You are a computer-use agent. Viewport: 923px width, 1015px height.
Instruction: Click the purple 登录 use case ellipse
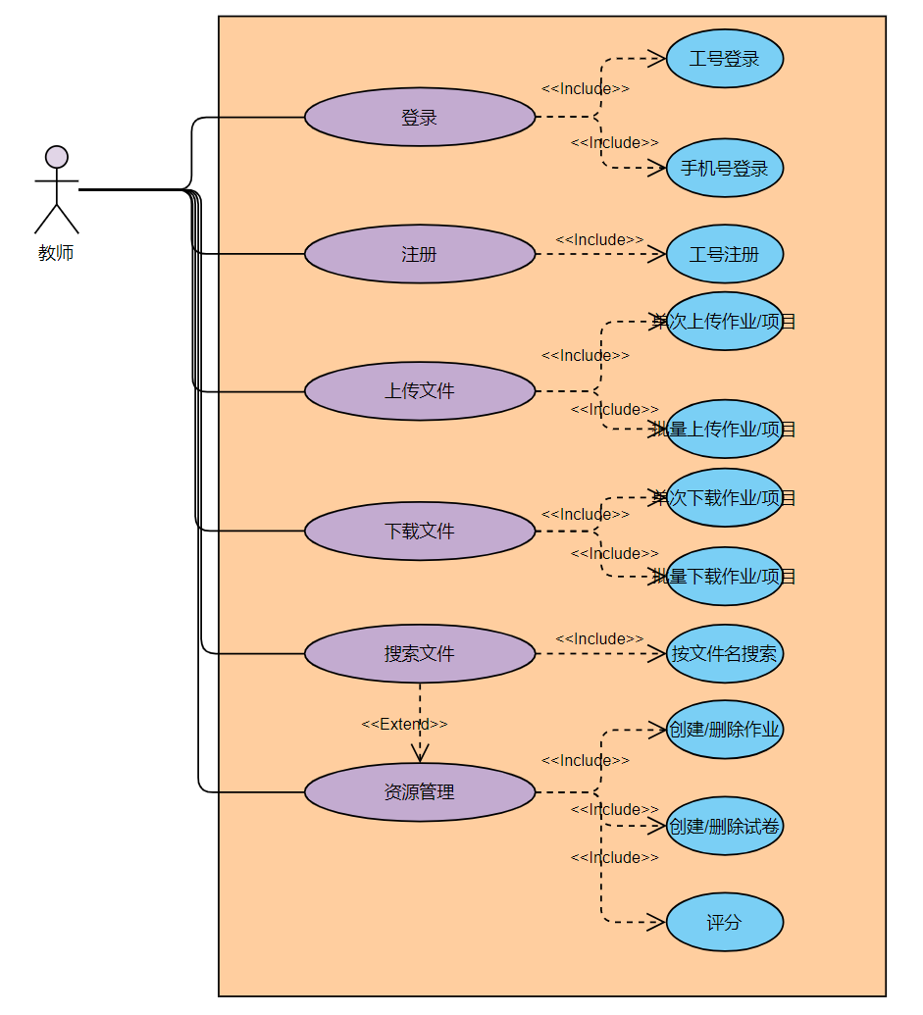420,118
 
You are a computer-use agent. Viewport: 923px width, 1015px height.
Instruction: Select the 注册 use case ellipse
420,255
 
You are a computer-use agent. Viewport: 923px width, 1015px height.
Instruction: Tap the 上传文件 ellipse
420,391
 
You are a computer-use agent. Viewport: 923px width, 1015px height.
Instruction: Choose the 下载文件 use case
420,532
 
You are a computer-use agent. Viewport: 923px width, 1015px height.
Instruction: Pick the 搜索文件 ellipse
420,654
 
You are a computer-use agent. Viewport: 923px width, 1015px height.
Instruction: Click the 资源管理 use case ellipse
420,792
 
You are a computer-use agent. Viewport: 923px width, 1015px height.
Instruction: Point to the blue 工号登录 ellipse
725,59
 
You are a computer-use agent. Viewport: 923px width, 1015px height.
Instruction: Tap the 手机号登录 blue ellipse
725,169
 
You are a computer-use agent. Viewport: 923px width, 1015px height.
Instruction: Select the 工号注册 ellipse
725,255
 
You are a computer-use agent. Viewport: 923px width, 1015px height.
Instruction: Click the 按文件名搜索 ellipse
725,654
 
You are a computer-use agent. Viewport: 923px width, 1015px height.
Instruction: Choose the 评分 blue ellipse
725,923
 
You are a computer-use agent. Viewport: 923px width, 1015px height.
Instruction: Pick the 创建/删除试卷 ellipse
725,826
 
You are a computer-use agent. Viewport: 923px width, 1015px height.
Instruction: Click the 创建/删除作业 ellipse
725,730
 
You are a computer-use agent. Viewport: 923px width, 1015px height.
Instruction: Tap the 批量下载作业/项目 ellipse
725,577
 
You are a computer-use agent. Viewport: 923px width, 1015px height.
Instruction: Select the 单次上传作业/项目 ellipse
725,322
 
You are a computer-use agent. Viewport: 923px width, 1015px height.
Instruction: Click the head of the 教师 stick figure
57,157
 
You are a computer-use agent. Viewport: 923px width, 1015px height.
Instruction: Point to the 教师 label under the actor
56,253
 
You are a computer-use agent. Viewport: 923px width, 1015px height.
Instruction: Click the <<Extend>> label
404,724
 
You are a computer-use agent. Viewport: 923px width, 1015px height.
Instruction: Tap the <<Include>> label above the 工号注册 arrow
599,239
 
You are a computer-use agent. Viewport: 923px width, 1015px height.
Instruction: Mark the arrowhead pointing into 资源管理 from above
420,755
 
